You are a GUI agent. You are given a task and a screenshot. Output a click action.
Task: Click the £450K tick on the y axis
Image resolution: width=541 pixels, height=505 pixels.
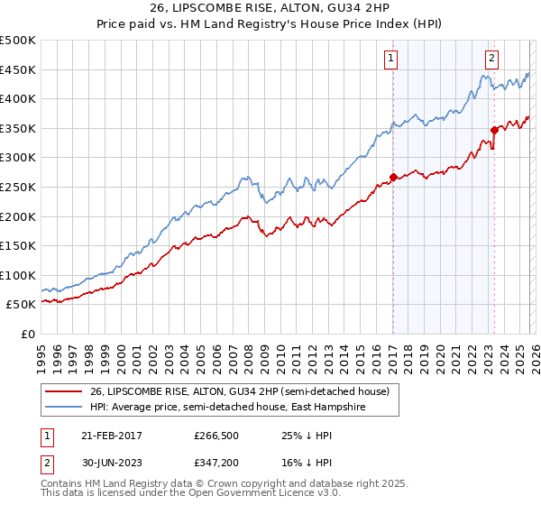coord(18,70)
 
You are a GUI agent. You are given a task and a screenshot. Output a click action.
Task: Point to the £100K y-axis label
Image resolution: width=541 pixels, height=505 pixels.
coord(18,275)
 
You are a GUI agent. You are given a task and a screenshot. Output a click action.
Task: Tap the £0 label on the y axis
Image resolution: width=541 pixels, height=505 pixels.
coord(29,334)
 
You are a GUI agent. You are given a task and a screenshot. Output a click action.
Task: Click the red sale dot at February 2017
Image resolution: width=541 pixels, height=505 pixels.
coord(393,178)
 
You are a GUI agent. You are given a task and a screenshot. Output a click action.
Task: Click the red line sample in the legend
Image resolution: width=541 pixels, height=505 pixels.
coord(63,391)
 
